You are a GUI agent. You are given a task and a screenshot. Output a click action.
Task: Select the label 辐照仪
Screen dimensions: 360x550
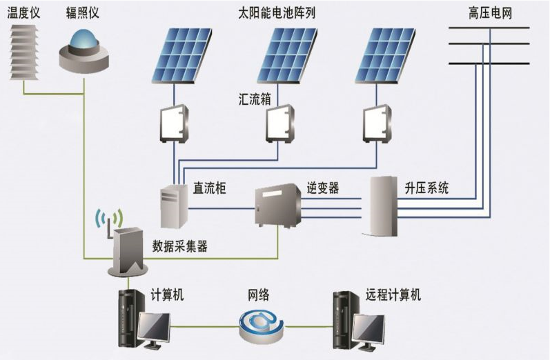[x=84, y=12]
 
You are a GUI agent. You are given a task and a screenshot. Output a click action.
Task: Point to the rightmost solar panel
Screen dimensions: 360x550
[x=382, y=55]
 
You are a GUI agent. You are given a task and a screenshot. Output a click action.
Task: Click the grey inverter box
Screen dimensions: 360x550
[x=278, y=206]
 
